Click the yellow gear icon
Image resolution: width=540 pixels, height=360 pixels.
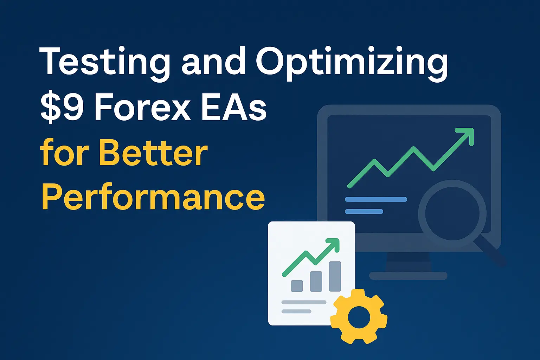point(359,316)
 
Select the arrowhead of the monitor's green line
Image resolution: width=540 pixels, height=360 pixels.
point(466,135)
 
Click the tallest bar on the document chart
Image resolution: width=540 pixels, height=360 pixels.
point(335,276)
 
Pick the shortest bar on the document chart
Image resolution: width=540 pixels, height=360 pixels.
point(297,285)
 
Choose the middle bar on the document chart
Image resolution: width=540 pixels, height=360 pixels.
point(316,281)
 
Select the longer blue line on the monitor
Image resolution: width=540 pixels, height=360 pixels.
point(376,199)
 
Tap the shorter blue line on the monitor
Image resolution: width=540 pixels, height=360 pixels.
point(364,211)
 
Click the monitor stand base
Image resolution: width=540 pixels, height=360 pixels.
point(408,276)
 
